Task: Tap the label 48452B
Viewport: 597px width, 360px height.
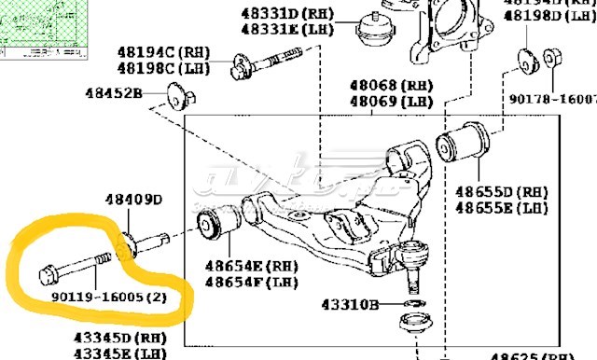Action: coord(113,93)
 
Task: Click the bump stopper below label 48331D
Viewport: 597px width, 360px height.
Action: coord(373,30)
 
